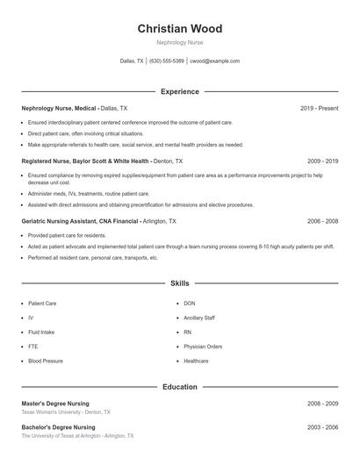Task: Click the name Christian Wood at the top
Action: click(180, 29)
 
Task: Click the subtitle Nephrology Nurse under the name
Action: click(180, 42)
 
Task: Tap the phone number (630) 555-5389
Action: click(167, 61)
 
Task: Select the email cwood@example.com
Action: click(214, 61)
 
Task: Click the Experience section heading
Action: click(180, 91)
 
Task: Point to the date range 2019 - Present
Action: click(319, 108)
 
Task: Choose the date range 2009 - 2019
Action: click(322, 161)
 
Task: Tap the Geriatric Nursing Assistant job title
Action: click(81, 222)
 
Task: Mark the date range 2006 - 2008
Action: click(322, 222)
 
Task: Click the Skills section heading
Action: click(180, 283)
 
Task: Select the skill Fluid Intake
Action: click(42, 332)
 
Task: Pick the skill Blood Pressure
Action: click(46, 361)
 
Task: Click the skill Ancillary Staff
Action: click(199, 318)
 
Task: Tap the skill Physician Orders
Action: click(203, 347)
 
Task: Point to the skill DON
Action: click(190, 304)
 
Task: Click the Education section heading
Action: click(180, 387)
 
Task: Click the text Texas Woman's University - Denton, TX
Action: click(66, 412)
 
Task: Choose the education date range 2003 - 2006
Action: click(322, 427)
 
